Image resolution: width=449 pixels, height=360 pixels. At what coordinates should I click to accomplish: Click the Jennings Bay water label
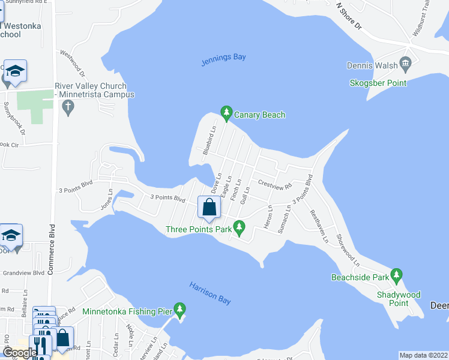[x=222, y=58]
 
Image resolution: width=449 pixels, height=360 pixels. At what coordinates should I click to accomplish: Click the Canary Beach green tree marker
[x=226, y=112]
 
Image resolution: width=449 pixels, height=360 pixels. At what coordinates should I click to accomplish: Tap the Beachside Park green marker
[x=396, y=276]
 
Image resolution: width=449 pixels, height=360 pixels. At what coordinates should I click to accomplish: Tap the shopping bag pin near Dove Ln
[x=209, y=208]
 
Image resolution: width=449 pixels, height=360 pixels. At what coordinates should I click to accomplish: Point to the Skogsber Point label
[x=378, y=83]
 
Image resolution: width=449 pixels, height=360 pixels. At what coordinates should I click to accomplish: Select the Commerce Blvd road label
[x=52, y=250]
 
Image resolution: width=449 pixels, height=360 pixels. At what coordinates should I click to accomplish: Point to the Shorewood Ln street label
[x=348, y=251]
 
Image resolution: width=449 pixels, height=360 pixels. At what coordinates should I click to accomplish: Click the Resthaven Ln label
[x=319, y=226]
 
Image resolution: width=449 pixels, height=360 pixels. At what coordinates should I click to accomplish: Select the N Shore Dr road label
[x=350, y=16]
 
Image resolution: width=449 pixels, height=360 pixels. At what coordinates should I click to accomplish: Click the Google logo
[x=19, y=353]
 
